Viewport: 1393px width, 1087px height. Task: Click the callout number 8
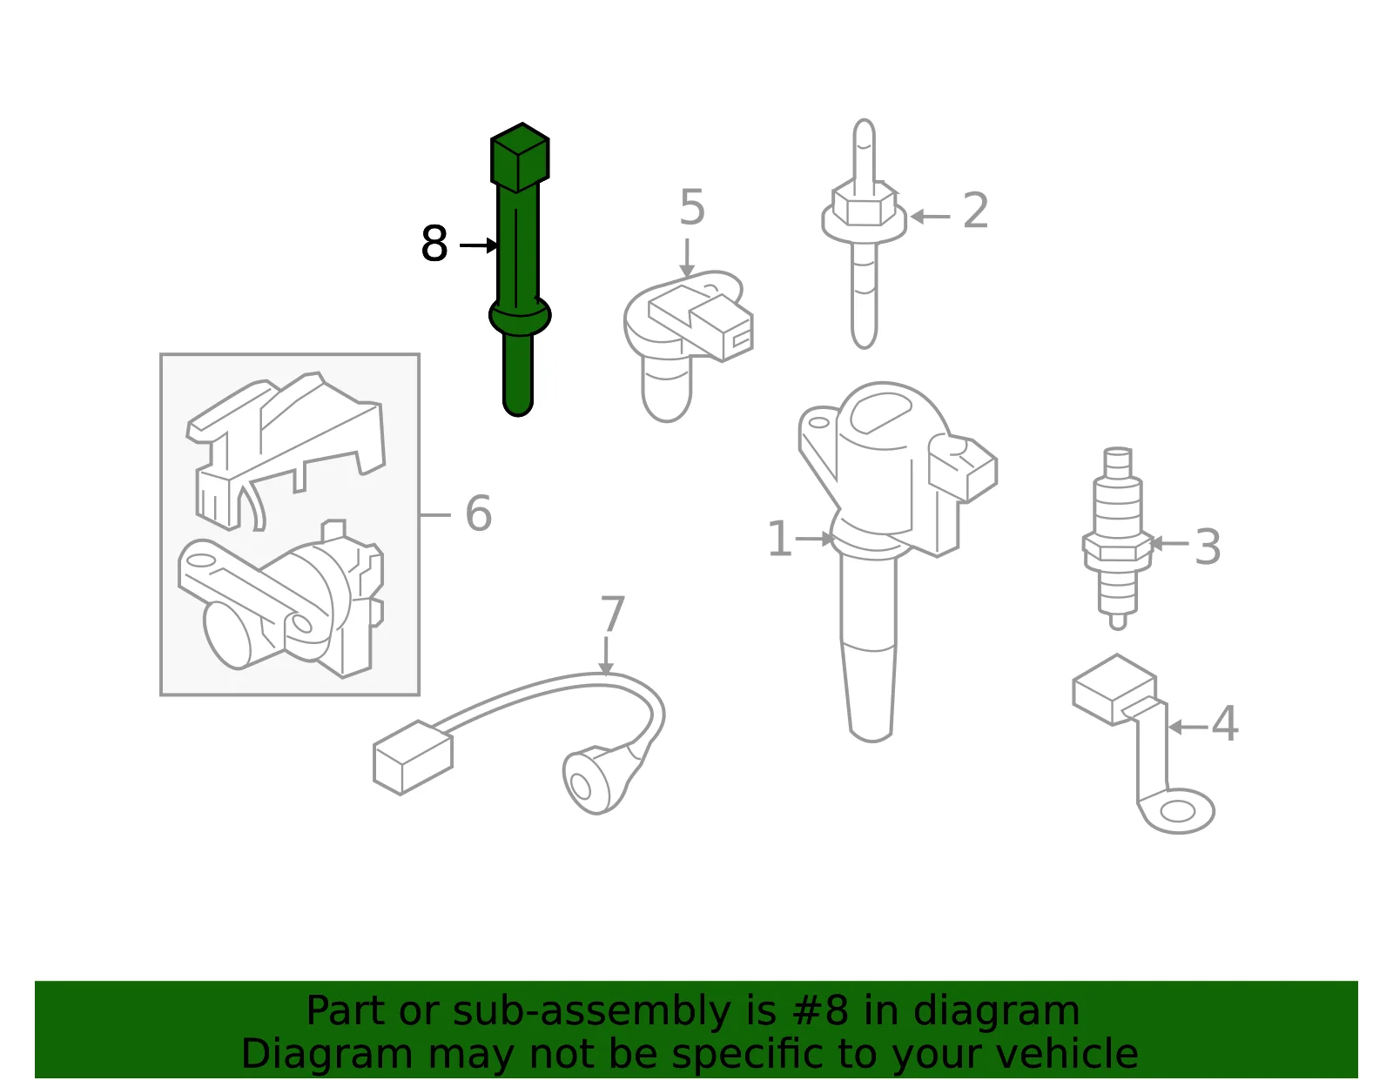tap(434, 244)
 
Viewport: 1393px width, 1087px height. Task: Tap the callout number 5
tap(692, 207)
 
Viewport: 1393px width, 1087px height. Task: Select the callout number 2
tap(976, 210)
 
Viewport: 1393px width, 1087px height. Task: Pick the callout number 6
tap(478, 513)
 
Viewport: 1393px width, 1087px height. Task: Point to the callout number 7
tap(612, 614)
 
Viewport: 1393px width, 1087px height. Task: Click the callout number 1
tap(779, 539)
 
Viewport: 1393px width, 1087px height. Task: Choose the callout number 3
tap(1208, 547)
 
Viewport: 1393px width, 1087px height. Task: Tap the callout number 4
tap(1224, 724)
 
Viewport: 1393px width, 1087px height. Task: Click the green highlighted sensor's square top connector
tap(520, 158)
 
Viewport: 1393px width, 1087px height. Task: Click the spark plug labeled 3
tap(1118, 538)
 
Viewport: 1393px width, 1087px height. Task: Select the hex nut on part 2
tap(865, 203)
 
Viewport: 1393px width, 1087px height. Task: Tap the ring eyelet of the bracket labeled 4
tap(1178, 811)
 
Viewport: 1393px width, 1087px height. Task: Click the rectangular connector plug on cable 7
tap(413, 757)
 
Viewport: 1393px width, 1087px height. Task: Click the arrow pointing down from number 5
tap(687, 258)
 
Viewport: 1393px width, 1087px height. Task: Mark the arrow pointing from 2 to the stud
tap(930, 217)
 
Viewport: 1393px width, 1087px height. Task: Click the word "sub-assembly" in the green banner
tap(591, 1010)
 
